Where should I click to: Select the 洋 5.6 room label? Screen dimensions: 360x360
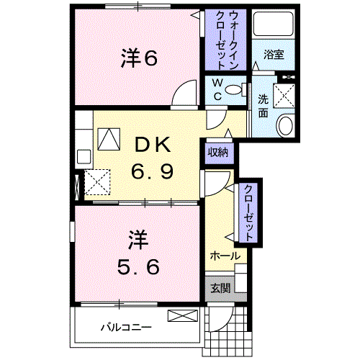(x=138, y=251)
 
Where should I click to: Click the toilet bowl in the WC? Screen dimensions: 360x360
(x=233, y=89)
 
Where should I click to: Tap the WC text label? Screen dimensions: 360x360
(x=216, y=89)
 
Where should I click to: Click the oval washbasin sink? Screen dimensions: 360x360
(x=285, y=125)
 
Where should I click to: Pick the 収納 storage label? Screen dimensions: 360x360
(x=218, y=152)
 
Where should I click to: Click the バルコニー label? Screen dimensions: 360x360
(x=125, y=326)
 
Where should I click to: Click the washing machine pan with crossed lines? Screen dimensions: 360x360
(x=286, y=94)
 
